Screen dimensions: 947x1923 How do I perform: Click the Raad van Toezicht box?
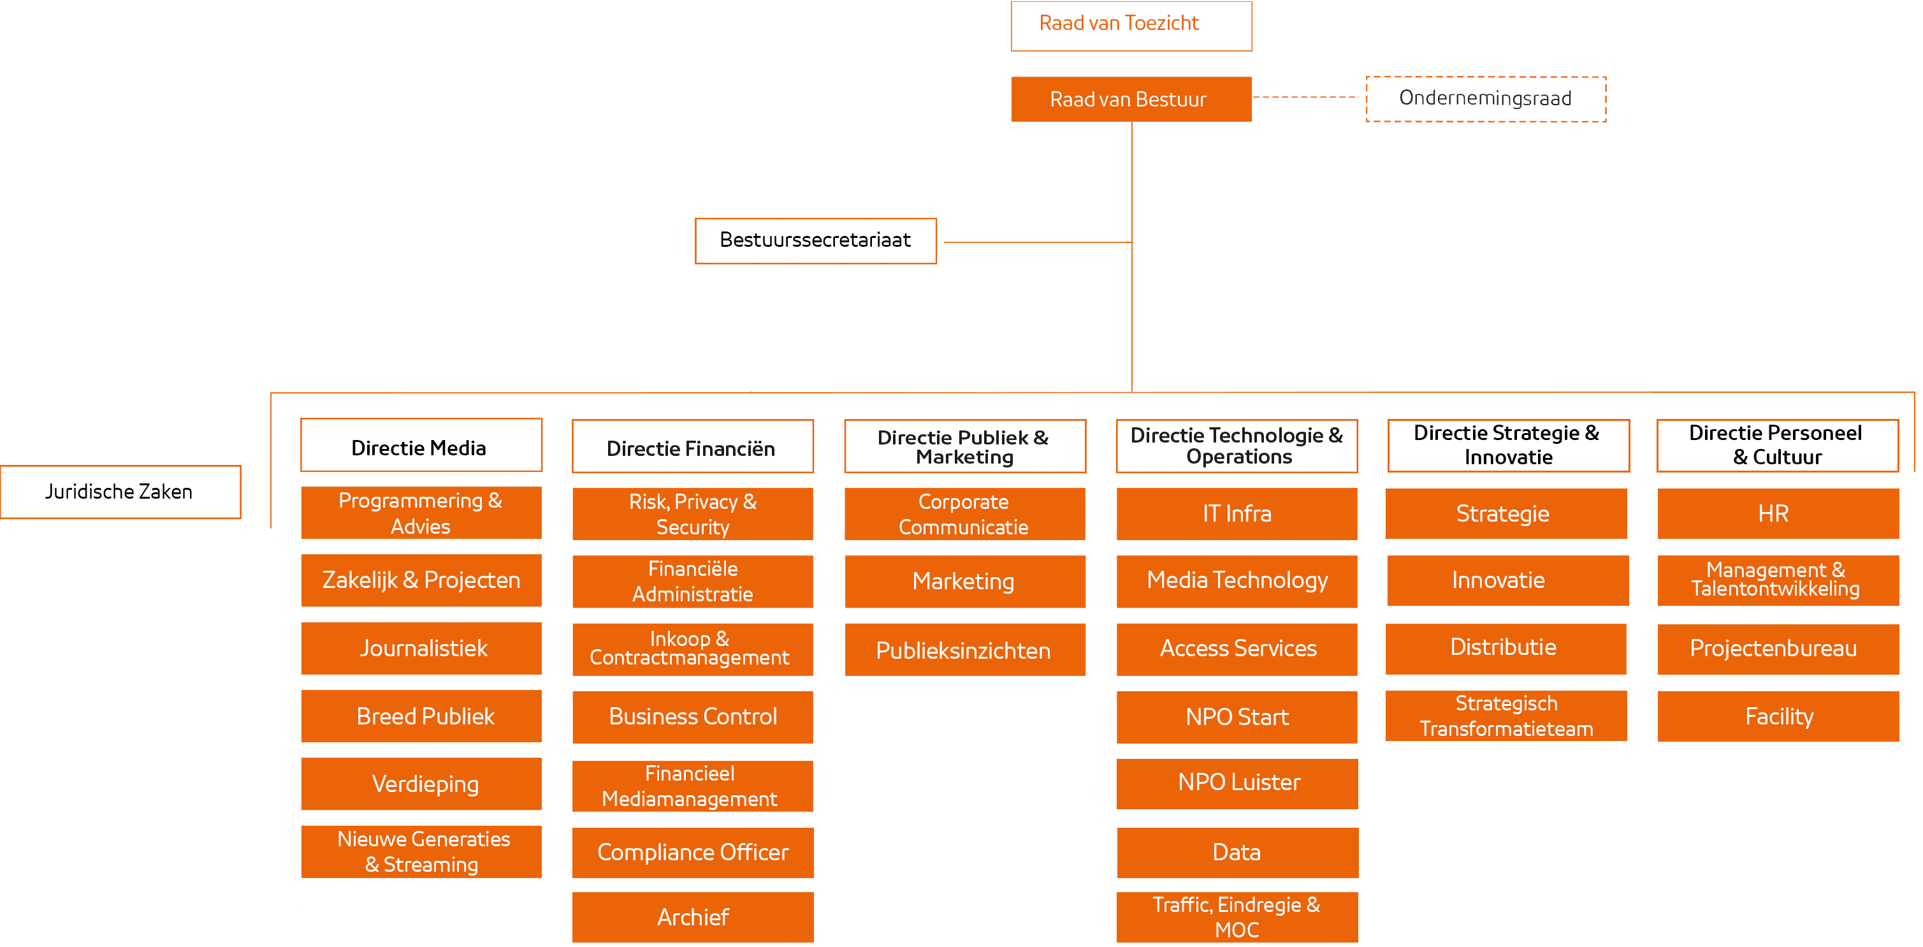coord(1131,26)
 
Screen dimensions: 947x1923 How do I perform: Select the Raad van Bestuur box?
coord(1131,99)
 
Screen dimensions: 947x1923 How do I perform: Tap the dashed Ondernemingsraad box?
coord(1486,99)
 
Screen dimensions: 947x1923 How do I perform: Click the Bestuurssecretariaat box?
coord(815,240)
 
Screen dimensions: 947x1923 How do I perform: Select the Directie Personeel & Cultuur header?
coord(1776,446)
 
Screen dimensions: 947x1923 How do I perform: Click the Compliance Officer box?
coord(692,852)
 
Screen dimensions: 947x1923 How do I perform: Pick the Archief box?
coord(692,917)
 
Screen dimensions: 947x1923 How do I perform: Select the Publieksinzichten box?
coord(964,650)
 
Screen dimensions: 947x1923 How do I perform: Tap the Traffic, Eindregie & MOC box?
coord(1237,917)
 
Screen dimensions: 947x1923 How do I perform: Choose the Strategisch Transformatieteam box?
coord(1506,716)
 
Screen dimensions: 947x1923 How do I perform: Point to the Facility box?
coord(1778,716)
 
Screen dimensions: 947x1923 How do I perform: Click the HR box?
coord(1778,513)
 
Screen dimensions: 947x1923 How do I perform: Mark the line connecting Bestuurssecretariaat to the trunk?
coord(1038,242)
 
